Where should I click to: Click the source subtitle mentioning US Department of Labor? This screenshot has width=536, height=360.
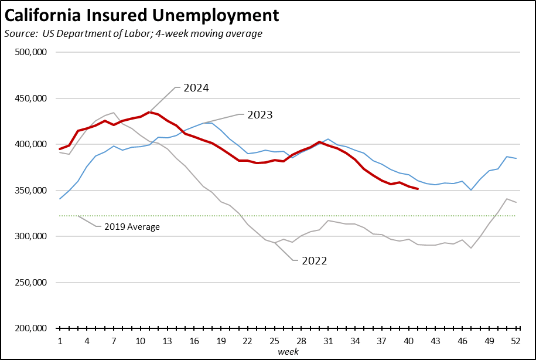coord(133,33)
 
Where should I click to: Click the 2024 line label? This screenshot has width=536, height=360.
coord(196,88)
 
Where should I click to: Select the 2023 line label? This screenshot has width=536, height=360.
coord(260,115)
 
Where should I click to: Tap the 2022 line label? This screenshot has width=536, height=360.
coord(314,261)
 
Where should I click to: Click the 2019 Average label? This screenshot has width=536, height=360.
coord(132,226)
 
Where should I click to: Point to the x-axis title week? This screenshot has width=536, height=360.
coord(288,351)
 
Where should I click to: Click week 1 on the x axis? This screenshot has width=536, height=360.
coord(60,341)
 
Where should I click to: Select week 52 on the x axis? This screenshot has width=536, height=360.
coord(516,341)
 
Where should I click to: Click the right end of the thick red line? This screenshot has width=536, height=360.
coord(417,189)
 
